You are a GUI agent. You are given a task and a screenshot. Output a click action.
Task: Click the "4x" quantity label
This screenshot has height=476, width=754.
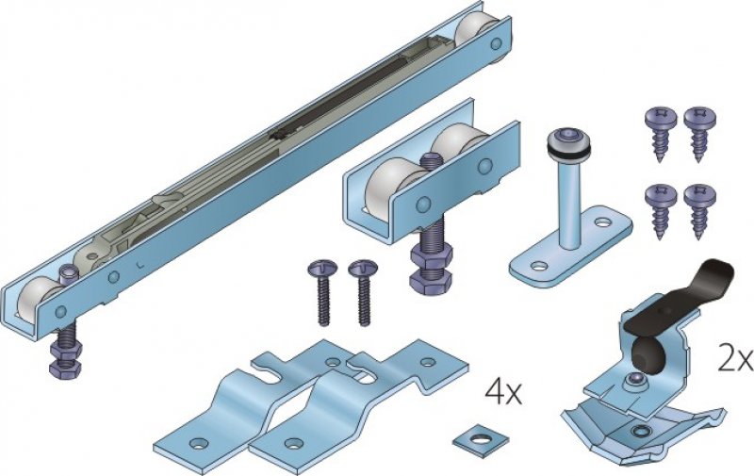[x=503, y=393]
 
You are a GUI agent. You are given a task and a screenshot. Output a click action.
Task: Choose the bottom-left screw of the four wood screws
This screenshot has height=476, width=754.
[x=659, y=210]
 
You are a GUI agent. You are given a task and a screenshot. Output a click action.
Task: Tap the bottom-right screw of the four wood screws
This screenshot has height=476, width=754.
[x=698, y=210]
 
